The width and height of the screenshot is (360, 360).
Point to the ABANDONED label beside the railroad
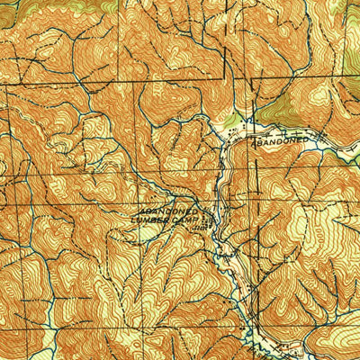tap(280, 141)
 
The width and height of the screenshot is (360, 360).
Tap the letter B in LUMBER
tap(159, 219)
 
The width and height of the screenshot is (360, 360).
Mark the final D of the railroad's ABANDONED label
tap(307, 139)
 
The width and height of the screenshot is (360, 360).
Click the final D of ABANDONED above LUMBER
tap(197, 210)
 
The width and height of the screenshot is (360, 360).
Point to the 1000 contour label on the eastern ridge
tap(321, 219)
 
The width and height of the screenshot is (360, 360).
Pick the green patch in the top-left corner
tap(11, 7)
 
